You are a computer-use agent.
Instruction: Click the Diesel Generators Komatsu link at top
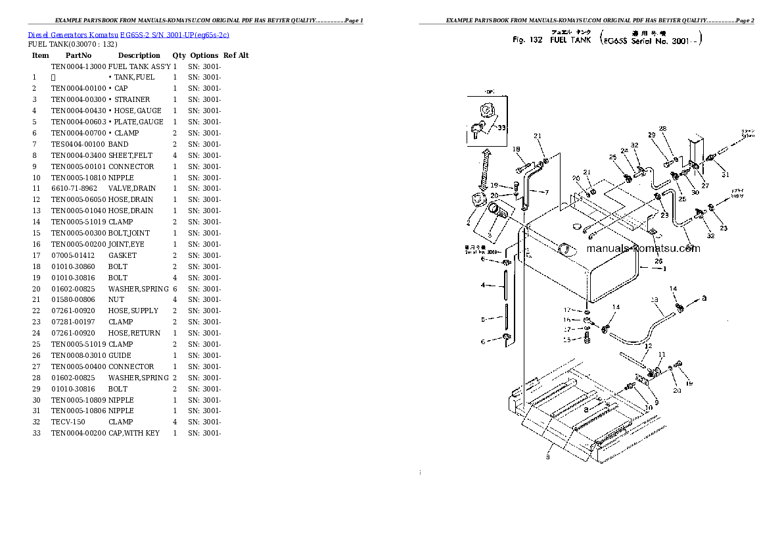(129, 34)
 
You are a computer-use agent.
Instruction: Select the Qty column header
(179, 56)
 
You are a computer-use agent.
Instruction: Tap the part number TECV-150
(68, 422)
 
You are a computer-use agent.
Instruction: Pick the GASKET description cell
(122, 255)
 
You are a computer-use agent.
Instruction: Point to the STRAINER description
(131, 99)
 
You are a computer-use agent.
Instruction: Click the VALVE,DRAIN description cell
(132, 189)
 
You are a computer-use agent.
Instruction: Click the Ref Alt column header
(236, 56)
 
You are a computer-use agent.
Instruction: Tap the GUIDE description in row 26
(120, 356)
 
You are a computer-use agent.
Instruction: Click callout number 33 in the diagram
(502, 128)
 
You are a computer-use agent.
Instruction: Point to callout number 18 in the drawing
(516, 149)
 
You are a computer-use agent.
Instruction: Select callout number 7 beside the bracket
(545, 192)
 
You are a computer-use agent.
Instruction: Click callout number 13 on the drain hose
(655, 300)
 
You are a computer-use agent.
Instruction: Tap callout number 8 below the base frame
(547, 457)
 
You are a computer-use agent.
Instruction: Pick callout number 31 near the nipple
(725, 174)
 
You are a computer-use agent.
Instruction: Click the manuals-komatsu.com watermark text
(643, 249)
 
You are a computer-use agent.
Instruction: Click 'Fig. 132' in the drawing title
(527, 40)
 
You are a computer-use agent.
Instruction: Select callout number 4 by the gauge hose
(483, 286)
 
